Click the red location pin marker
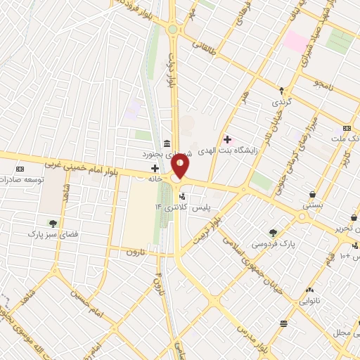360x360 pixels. tap(181, 166)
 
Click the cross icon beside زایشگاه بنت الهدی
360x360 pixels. tap(226, 139)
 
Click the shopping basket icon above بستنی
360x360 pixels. tap(311, 195)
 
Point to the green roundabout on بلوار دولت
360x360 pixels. tap(173, 30)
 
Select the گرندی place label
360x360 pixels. tap(281, 103)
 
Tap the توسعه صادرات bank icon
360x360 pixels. tap(19, 169)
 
